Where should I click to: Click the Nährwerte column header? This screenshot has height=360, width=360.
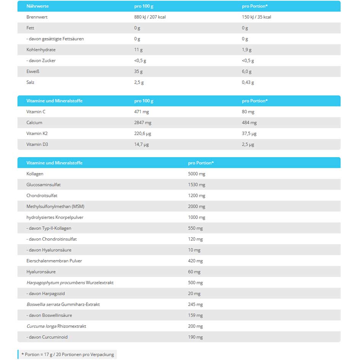(x=37, y=6)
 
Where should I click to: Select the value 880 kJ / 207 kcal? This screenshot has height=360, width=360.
(x=150, y=17)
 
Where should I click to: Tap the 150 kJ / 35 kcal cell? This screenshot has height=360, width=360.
(x=256, y=17)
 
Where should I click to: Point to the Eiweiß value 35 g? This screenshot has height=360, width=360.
(x=138, y=71)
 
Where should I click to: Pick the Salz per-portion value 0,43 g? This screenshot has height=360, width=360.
(x=248, y=82)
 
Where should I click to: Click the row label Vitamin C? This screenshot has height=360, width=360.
(x=35, y=112)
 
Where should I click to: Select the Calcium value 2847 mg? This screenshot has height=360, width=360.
(x=143, y=123)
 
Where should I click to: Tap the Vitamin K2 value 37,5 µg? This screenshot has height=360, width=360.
(x=249, y=133)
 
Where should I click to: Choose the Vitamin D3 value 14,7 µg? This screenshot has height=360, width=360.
(x=141, y=145)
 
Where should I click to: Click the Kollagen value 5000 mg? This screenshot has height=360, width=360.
(x=197, y=174)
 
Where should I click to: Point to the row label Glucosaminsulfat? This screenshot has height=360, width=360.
(x=43, y=185)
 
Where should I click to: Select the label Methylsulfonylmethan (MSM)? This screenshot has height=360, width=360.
(x=55, y=206)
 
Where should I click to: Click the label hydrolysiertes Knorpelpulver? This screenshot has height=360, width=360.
(x=55, y=217)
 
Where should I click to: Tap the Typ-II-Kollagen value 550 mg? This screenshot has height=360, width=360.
(x=195, y=228)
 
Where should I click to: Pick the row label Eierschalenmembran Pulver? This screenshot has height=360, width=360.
(x=54, y=261)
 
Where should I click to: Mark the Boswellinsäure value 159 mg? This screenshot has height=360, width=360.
(x=195, y=315)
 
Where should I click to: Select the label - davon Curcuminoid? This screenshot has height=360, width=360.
(x=47, y=337)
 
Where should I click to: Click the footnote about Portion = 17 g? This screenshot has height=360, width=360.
(x=67, y=355)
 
